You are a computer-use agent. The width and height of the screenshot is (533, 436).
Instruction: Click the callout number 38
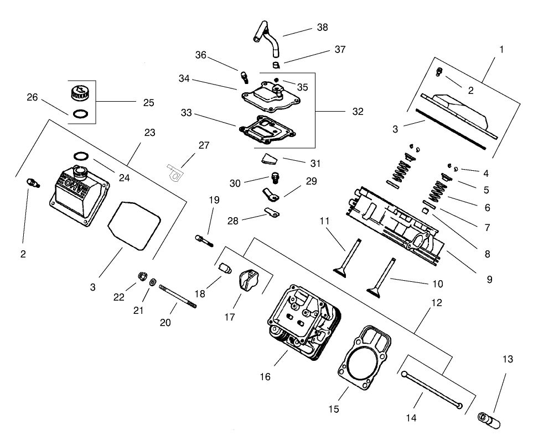[323, 27]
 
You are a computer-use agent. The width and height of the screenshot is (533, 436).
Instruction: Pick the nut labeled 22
[142, 277]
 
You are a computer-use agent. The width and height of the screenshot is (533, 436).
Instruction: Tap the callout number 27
[204, 145]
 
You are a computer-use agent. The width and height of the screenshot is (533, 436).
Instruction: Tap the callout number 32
[358, 111]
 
